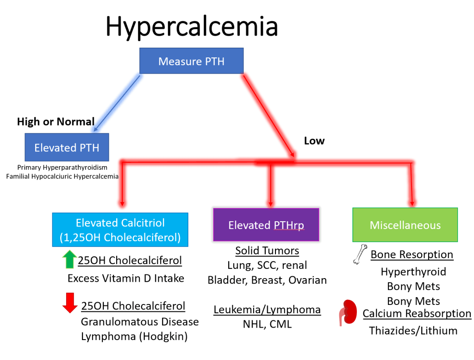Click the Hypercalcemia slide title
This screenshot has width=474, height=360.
point(192,26)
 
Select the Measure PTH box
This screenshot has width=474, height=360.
point(191,61)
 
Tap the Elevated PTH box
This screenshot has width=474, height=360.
point(67,148)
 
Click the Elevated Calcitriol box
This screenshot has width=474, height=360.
point(120,230)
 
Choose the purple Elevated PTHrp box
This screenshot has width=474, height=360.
point(266,225)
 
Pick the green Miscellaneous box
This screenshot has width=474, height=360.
point(405,225)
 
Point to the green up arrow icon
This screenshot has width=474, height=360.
point(69,260)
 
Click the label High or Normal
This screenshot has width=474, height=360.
point(56,122)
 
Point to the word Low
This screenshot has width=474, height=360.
point(314,141)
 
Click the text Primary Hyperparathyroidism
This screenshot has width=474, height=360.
point(62,168)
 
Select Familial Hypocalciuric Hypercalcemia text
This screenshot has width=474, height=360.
point(62,176)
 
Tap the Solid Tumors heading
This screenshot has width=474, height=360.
point(267,251)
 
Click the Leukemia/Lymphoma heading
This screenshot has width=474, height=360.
point(267,310)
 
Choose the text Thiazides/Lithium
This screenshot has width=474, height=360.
point(413,330)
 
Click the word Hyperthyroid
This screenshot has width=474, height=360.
point(413,272)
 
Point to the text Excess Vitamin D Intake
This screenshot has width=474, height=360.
point(126,278)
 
